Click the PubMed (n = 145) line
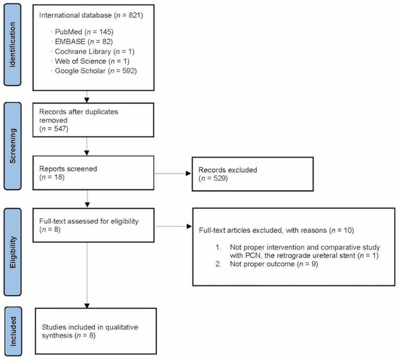point(80,33)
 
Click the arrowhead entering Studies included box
point(87,307)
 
